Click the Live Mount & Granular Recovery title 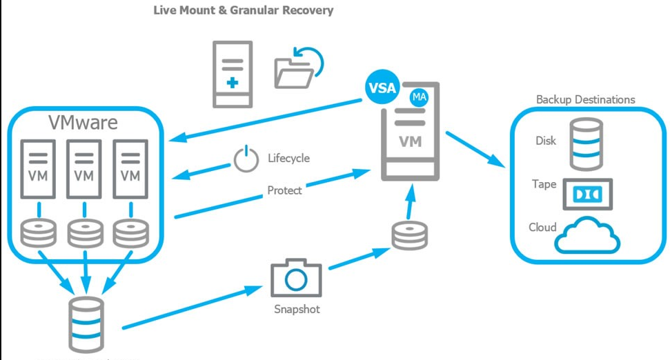(x=243, y=10)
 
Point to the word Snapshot (x=296, y=309)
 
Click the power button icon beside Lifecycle (x=245, y=159)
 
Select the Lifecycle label (x=288, y=158)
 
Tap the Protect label (x=284, y=190)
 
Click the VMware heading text (x=83, y=122)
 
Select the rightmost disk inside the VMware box (x=130, y=233)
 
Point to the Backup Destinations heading (x=585, y=99)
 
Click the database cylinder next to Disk (x=585, y=143)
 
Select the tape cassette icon (x=587, y=194)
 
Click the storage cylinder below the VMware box (x=86, y=324)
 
